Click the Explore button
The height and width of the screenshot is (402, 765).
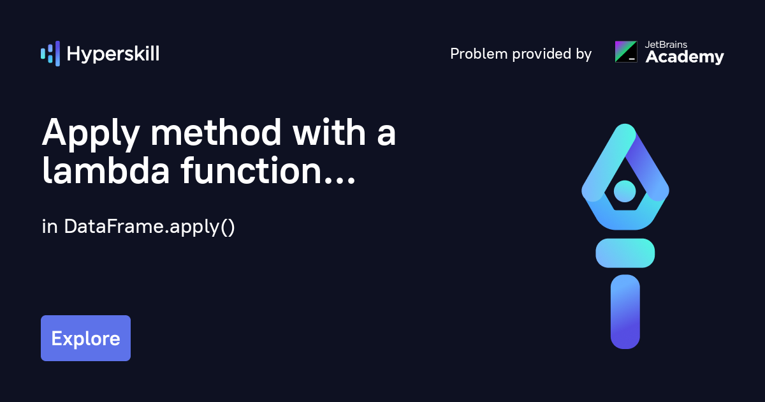[x=85, y=338]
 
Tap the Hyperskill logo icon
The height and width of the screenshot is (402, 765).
[x=50, y=54]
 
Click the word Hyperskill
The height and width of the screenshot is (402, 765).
[x=113, y=54]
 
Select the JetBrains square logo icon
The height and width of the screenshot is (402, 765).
[x=625, y=52]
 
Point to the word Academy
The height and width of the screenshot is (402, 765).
[x=685, y=57]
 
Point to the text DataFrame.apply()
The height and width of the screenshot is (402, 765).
[x=150, y=227]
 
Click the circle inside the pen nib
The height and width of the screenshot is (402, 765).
[x=625, y=190]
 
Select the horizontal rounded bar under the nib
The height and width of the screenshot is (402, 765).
[x=625, y=253]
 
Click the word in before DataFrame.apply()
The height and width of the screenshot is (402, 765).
[x=50, y=227]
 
